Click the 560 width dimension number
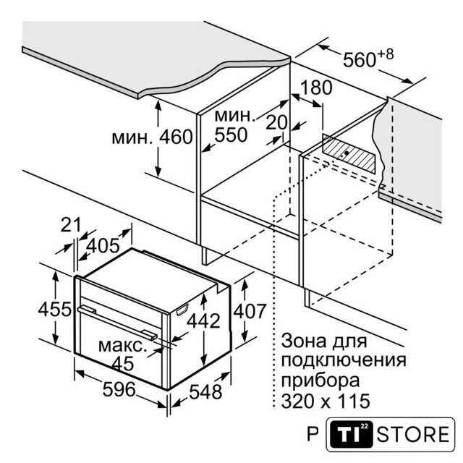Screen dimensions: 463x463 coord(360,59)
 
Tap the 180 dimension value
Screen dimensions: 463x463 coord(316,88)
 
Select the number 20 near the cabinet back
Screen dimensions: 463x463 coord(276,122)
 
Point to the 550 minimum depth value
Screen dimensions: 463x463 coord(231,135)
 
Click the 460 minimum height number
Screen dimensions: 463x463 coord(176,137)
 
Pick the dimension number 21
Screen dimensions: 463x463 coord(71,225)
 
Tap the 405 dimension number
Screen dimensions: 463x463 coord(103,245)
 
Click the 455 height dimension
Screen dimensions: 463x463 coord(55,309)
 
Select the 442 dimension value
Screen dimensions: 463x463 coord(204,320)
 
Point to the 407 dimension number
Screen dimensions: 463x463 coord(250,311)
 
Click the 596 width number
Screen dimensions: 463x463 coord(119,389)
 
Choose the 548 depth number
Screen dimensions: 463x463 coord(205,392)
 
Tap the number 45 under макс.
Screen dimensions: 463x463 coord(123,363)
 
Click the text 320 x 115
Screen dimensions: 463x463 coord(326,401)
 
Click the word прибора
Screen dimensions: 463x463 coord(320,381)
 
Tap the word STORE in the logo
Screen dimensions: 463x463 coord(413,434)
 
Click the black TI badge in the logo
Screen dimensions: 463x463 coord(351,434)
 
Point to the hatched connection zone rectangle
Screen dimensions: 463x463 coord(349,154)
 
